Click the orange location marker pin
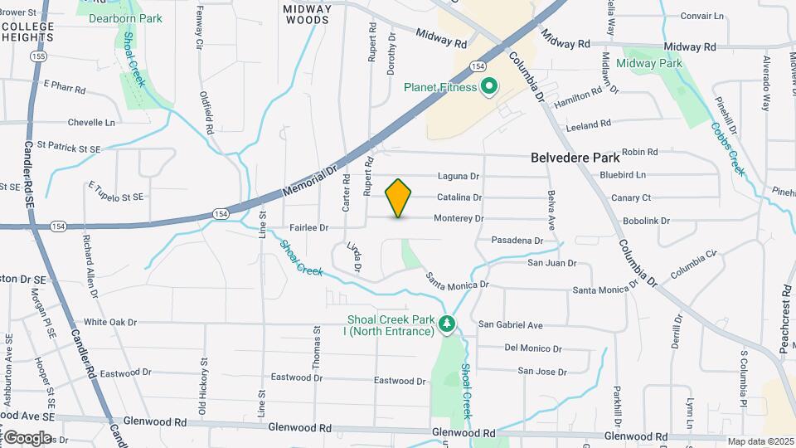pyautogui.click(x=399, y=197)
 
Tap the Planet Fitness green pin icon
pyautogui.click(x=489, y=87)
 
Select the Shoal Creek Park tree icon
pyautogui.click(x=448, y=323)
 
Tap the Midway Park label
pyautogui.click(x=648, y=63)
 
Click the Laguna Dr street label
pyautogui.click(x=459, y=177)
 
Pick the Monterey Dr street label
pyautogui.click(x=459, y=219)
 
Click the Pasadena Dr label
pyautogui.click(x=517, y=241)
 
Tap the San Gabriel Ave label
pyautogui.click(x=511, y=325)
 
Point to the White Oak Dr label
pyautogui.click(x=110, y=322)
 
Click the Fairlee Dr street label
pyautogui.click(x=309, y=227)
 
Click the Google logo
pyautogui.click(x=27, y=437)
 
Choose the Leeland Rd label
pyautogui.click(x=588, y=124)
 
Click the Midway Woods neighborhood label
pyautogui.click(x=308, y=14)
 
